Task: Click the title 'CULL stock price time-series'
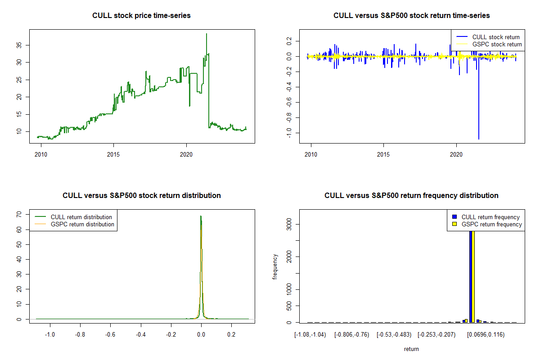[141, 16]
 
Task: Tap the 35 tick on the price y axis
[26, 45]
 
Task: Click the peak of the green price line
[206, 34]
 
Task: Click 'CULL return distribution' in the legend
[81, 217]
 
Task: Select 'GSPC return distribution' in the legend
[82, 224]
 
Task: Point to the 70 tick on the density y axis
[26, 215]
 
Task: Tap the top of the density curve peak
[201, 216]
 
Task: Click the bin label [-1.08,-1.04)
[310, 334]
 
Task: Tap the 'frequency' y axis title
[275, 267]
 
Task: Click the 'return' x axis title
[411, 349]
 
